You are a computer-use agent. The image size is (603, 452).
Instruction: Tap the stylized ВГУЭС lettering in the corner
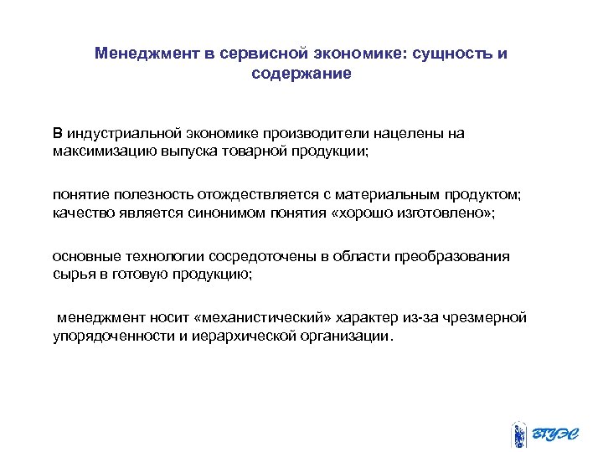click(x=557, y=434)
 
